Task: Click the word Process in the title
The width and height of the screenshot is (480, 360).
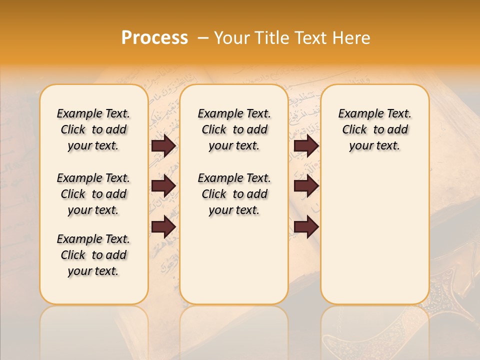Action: tap(154, 38)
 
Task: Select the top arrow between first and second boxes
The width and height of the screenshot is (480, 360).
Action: tap(163, 146)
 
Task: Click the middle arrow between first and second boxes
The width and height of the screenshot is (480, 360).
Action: tap(163, 186)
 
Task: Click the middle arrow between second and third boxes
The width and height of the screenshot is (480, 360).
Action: tap(306, 186)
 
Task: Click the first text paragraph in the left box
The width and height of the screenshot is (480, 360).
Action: tap(93, 129)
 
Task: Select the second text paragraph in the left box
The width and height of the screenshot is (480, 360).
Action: tap(93, 194)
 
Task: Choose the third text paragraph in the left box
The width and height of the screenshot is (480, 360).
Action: tap(93, 255)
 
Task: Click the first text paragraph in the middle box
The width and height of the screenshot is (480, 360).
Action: tap(234, 129)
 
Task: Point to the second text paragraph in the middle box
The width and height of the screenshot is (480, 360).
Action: tap(234, 194)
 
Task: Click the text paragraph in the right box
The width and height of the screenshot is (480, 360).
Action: tap(374, 129)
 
